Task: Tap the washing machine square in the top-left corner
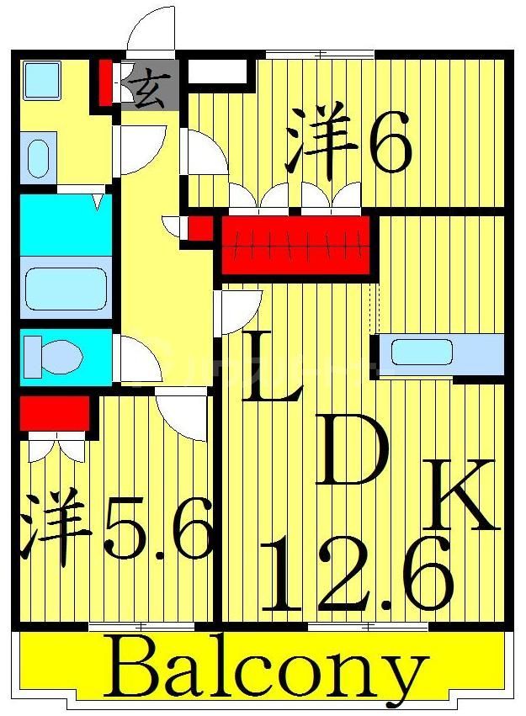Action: click(x=39, y=80)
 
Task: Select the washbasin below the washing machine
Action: click(x=38, y=157)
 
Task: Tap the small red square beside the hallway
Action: click(x=199, y=228)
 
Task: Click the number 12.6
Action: click(x=358, y=576)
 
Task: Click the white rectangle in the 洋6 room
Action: click(x=217, y=72)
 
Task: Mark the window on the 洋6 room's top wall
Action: click(x=320, y=55)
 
